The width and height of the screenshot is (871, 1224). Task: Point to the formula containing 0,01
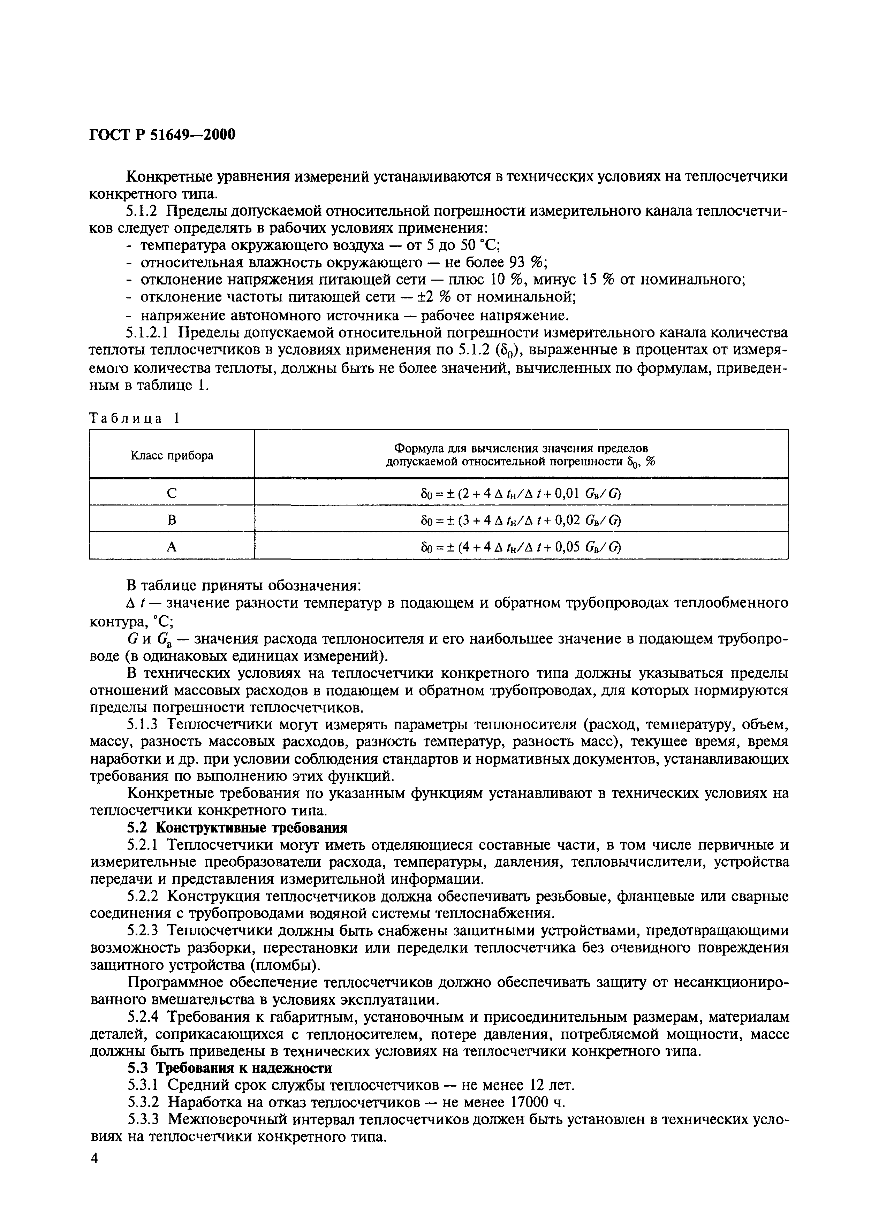click(521, 492)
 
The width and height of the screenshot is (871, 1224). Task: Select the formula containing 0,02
click(521, 519)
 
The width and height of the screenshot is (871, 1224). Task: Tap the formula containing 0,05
click(521, 546)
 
